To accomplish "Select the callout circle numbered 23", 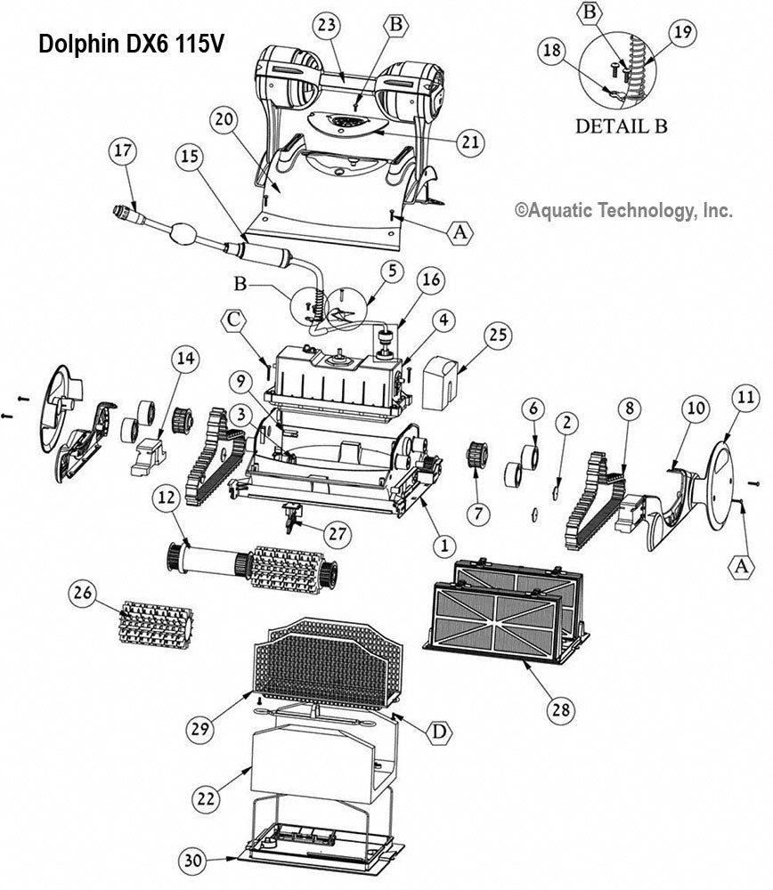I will (327, 26).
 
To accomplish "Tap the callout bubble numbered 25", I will (497, 335).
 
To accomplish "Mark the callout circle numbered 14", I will (185, 359).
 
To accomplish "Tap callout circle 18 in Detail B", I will (553, 52).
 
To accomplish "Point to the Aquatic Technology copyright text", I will (623, 211).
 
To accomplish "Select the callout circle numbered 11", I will (745, 394).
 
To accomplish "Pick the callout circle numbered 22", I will (207, 799).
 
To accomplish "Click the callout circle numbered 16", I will (431, 280).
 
